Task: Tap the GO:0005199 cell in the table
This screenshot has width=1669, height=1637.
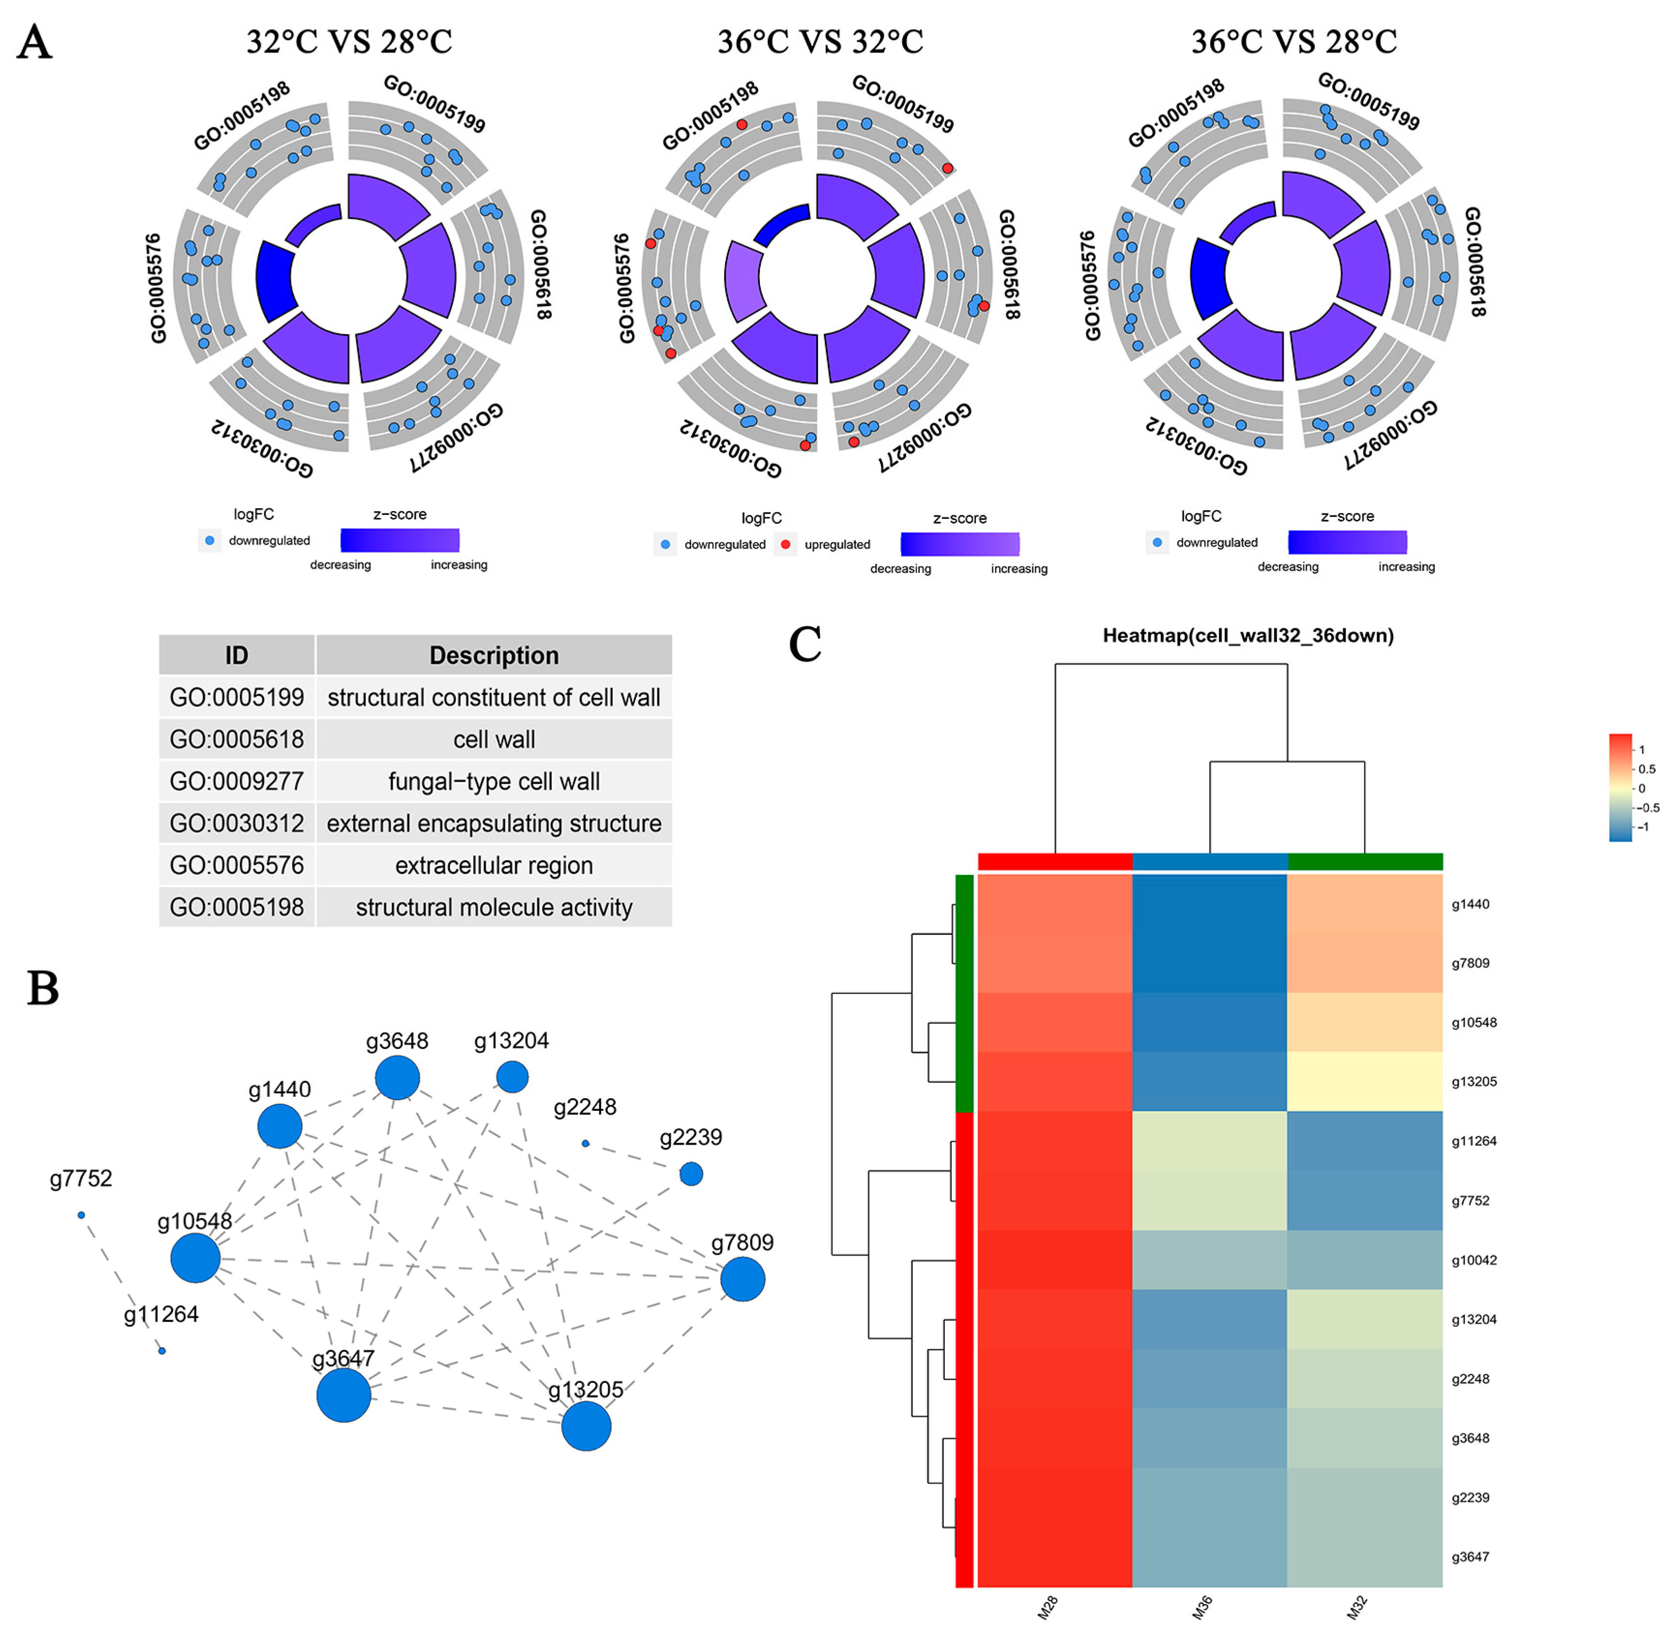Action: click(237, 697)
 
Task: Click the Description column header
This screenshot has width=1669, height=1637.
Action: click(494, 655)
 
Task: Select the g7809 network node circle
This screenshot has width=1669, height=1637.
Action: click(742, 1279)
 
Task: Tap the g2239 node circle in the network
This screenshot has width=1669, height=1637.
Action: click(690, 1174)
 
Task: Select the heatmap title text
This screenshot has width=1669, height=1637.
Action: click(1248, 636)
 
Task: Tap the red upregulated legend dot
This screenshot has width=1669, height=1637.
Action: click(785, 544)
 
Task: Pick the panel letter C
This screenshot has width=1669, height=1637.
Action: click(805, 645)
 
